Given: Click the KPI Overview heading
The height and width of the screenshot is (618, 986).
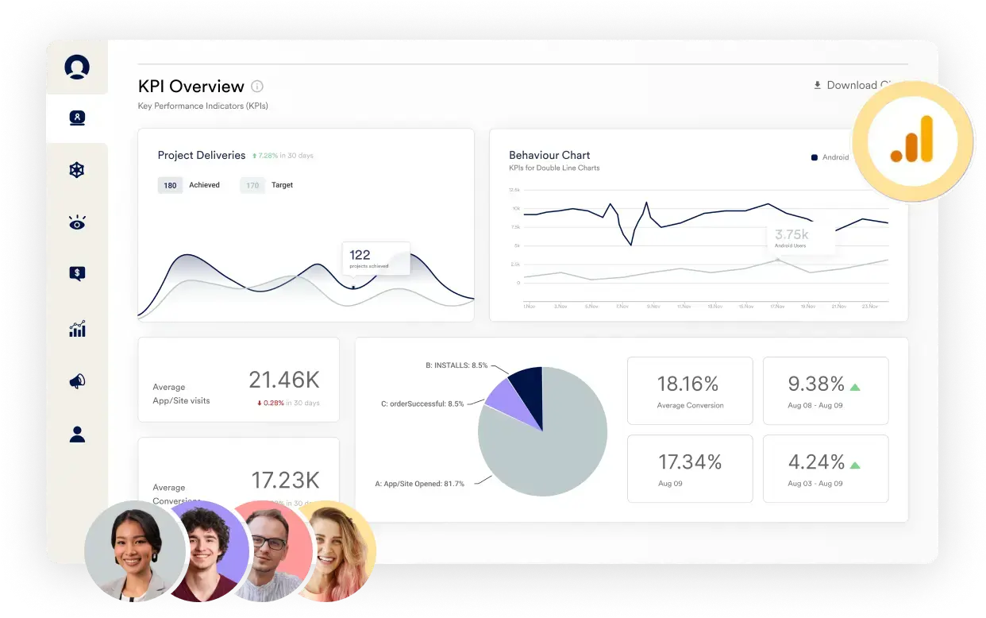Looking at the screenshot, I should (x=191, y=87).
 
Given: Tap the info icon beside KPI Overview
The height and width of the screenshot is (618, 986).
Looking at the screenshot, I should (x=257, y=87).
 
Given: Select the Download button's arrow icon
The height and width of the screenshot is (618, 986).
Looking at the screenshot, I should (x=817, y=85).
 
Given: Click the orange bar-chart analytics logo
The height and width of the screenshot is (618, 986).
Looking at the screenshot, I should (x=912, y=141).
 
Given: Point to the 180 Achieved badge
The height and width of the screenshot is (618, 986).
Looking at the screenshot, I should (x=170, y=185).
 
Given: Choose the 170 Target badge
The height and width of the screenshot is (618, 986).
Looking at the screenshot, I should (x=252, y=185).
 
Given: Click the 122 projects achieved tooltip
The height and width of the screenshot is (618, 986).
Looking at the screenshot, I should (x=376, y=258).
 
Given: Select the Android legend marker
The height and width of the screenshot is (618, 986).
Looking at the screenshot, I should (x=814, y=157).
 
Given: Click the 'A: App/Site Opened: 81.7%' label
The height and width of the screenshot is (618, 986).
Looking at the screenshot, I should (x=419, y=483).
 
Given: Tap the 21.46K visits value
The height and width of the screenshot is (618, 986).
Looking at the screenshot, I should (x=283, y=380).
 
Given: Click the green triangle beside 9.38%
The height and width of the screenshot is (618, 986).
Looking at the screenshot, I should (x=855, y=387).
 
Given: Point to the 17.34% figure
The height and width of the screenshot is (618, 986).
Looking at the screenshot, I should (x=690, y=462).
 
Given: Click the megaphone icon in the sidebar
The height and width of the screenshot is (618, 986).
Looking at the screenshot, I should (x=77, y=381).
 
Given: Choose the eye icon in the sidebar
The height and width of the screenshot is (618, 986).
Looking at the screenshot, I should (x=77, y=223).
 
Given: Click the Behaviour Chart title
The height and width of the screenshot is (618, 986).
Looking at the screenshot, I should (x=549, y=155).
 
